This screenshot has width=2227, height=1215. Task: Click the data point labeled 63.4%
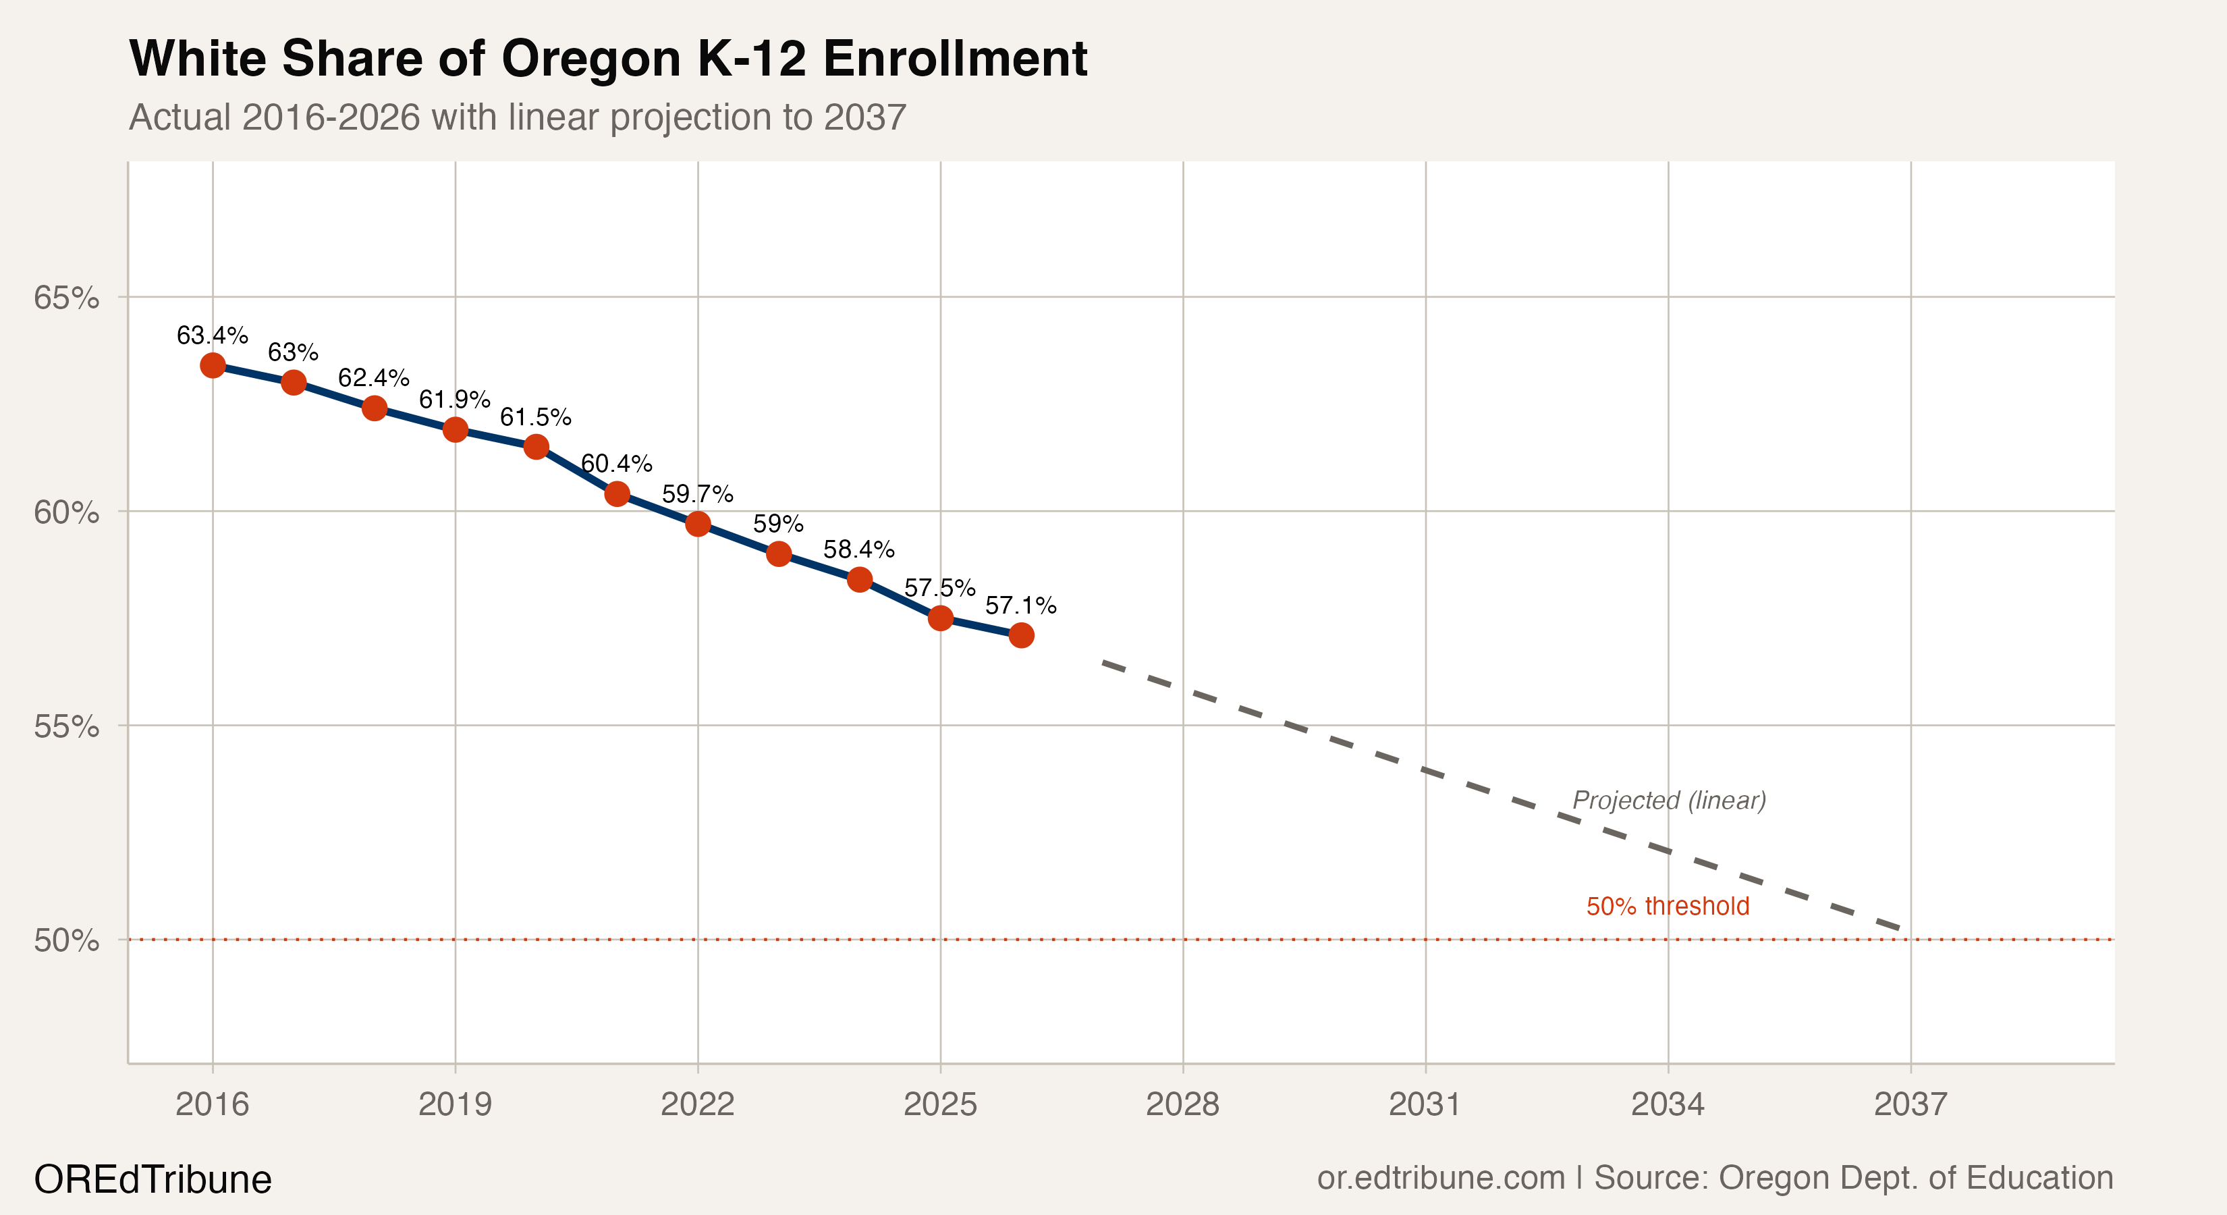click(x=213, y=366)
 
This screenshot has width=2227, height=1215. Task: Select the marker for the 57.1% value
click(x=1021, y=636)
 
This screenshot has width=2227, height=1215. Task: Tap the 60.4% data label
click(x=616, y=464)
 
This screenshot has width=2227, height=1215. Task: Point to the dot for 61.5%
click(x=536, y=447)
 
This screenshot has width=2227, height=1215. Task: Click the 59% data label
click(x=778, y=524)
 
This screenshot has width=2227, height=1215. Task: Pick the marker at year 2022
click(x=698, y=524)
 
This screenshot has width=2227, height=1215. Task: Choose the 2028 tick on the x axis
click(x=1182, y=1104)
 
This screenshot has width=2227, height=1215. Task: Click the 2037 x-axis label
click(x=1910, y=1104)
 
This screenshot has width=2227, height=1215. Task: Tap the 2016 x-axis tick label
click(x=213, y=1104)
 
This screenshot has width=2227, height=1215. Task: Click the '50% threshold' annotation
click(x=1667, y=907)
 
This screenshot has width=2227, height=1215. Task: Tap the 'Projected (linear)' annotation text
click(x=1668, y=801)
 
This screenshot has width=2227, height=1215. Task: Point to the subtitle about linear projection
click(x=517, y=117)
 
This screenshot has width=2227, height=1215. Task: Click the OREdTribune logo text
click(x=153, y=1179)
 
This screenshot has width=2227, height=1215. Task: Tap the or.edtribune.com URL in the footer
click(x=1440, y=1178)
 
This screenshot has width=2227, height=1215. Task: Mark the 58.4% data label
click(x=858, y=550)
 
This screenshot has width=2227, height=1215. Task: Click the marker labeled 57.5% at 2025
click(x=941, y=618)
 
